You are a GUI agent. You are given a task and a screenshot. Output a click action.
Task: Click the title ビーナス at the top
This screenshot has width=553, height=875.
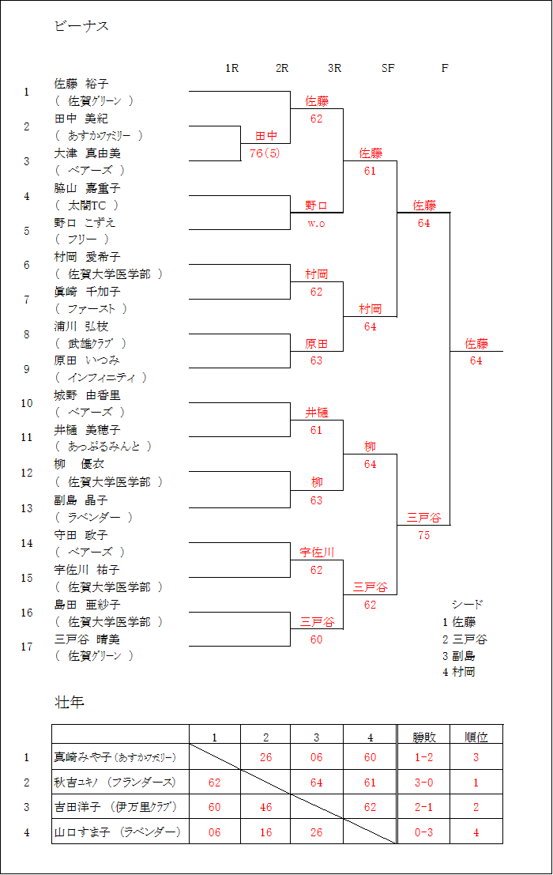(81, 25)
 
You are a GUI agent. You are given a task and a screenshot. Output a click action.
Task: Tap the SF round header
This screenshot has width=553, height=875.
(388, 68)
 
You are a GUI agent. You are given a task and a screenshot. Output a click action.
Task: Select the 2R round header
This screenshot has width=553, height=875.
(282, 68)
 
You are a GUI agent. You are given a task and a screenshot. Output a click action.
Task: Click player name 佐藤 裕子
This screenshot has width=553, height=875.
(81, 84)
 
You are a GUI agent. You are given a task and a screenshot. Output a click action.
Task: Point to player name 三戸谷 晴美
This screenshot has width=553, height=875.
(87, 639)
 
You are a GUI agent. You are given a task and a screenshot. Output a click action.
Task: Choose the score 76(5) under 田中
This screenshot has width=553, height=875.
(265, 153)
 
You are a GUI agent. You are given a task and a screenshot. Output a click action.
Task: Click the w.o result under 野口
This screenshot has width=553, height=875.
(316, 223)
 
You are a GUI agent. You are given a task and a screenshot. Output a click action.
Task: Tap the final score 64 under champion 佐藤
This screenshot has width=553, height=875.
(476, 360)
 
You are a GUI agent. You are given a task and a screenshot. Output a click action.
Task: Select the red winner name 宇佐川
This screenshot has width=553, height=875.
(317, 552)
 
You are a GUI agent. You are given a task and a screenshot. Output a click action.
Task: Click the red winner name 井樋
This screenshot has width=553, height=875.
(316, 413)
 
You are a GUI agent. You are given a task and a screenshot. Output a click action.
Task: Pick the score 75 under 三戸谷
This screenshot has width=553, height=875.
(423, 535)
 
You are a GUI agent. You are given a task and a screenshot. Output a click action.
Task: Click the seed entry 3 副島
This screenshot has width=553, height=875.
(459, 656)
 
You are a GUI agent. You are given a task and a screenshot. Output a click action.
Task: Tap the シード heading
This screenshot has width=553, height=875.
(467, 605)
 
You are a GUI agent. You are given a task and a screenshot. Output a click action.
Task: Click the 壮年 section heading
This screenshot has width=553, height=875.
(70, 702)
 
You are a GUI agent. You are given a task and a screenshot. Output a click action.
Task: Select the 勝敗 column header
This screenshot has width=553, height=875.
(424, 737)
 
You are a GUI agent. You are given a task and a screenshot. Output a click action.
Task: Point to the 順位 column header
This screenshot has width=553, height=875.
(476, 737)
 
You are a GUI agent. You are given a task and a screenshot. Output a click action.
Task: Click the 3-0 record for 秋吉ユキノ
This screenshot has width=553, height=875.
(423, 783)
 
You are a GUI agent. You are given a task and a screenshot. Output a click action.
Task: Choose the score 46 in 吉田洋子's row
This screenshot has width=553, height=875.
(266, 807)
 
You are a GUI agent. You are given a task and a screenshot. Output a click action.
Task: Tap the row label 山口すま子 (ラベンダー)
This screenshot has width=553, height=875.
(117, 832)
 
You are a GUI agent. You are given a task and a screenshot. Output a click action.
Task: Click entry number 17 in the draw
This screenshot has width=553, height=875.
(27, 647)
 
